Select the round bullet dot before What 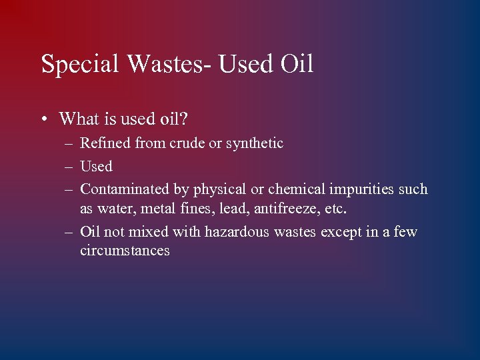click(43, 120)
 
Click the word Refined click(105, 143)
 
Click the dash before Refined click(69, 144)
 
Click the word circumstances click(125, 251)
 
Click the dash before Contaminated click(69, 190)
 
